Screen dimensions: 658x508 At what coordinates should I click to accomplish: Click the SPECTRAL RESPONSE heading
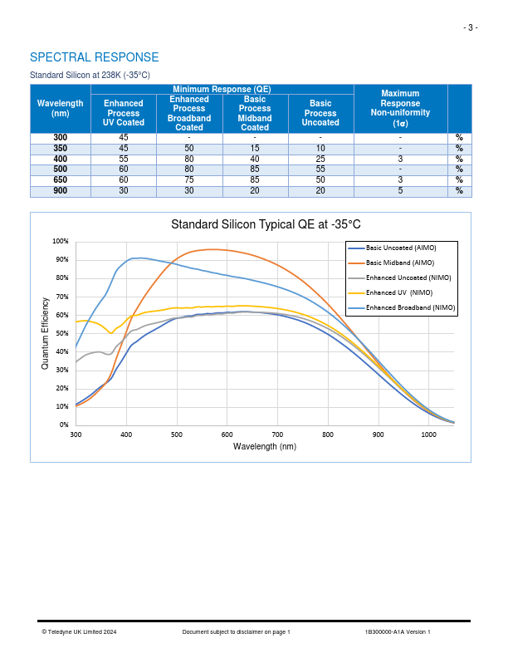(x=94, y=57)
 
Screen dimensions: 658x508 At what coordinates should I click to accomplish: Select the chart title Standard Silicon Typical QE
(x=266, y=224)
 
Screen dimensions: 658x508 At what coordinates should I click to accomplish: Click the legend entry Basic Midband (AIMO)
(x=400, y=263)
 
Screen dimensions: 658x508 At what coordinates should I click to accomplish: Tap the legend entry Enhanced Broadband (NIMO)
(x=410, y=307)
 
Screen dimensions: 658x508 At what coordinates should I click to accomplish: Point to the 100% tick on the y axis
(x=61, y=241)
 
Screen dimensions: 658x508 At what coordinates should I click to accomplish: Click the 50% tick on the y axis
(x=62, y=333)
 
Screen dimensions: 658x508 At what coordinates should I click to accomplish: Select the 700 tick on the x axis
(x=277, y=435)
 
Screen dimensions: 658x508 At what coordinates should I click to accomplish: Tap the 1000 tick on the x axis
(x=428, y=435)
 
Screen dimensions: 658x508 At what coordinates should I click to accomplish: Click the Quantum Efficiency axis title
(x=46, y=332)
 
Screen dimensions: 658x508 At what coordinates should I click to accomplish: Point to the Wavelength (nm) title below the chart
(x=264, y=446)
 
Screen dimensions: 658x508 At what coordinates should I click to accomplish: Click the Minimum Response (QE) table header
(x=222, y=89)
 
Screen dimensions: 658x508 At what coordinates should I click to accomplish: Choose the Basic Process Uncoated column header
(x=320, y=113)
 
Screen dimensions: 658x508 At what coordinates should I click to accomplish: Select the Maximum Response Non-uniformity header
(x=400, y=108)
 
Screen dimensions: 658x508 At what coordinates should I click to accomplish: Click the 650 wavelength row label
(x=61, y=179)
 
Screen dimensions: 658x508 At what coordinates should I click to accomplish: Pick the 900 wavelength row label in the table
(x=61, y=190)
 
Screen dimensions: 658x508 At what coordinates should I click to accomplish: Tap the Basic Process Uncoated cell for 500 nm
(x=320, y=169)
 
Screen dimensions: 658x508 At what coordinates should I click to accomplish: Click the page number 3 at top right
(x=470, y=27)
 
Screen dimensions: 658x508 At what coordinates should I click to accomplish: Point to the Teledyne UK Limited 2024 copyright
(x=79, y=632)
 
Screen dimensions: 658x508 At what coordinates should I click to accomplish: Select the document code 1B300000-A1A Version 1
(x=398, y=632)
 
